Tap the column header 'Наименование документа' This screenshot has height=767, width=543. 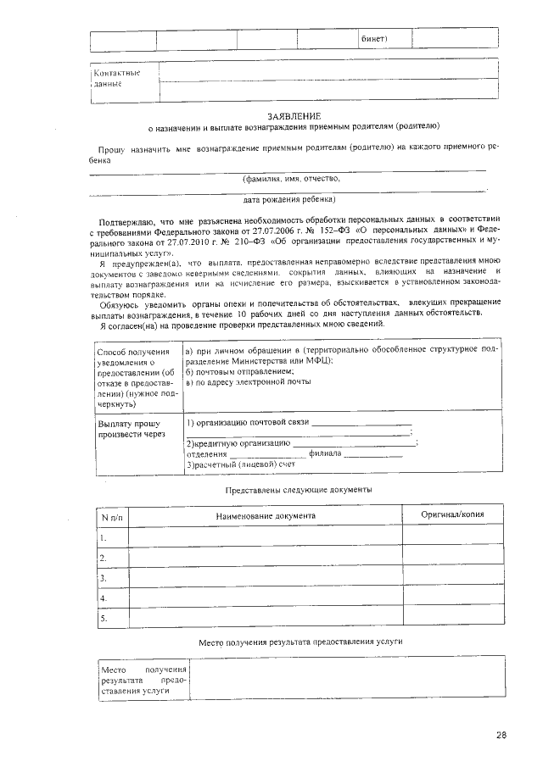point(265,515)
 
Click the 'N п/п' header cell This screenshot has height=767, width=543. point(112,516)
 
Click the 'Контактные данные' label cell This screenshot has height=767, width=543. point(116,78)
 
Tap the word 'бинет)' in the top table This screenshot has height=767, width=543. point(373,39)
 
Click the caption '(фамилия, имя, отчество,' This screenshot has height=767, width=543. point(292,179)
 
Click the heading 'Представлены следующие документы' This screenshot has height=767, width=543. point(298,490)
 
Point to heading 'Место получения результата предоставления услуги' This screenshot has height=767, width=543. point(299,642)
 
